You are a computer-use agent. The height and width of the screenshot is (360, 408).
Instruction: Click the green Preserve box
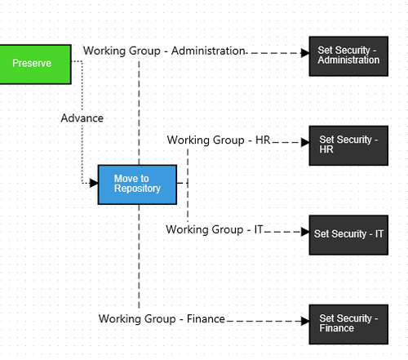[x=35, y=64]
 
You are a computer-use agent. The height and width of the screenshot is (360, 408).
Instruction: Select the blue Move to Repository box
[x=137, y=184]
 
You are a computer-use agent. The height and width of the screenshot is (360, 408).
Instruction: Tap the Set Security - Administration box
[x=348, y=56]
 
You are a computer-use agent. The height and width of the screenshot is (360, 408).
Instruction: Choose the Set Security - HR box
[x=348, y=145]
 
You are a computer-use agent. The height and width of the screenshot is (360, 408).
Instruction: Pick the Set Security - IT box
[x=348, y=235]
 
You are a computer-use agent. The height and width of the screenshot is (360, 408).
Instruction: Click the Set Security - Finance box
[x=348, y=325]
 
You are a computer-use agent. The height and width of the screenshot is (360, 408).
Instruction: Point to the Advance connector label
[x=82, y=118]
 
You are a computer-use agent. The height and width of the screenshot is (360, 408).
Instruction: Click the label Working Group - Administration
[x=164, y=51]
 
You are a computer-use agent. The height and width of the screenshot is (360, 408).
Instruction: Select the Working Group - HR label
[x=219, y=140]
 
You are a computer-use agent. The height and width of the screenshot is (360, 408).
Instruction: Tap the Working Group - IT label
[x=215, y=229]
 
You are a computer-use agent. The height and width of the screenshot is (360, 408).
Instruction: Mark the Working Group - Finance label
[x=162, y=318]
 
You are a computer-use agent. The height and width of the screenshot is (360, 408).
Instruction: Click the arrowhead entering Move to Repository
[x=94, y=183]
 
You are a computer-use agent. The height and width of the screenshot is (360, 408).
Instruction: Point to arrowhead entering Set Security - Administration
[x=305, y=53]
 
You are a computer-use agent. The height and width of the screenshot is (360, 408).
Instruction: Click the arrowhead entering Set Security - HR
[x=305, y=142]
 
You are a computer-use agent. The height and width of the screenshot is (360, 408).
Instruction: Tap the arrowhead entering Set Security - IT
[x=305, y=232]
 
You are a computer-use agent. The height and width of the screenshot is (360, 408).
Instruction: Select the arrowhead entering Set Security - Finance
[x=305, y=321]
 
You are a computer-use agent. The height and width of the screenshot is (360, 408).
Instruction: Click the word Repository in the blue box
[x=137, y=189]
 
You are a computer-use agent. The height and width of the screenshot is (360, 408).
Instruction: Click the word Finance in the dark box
[x=336, y=328]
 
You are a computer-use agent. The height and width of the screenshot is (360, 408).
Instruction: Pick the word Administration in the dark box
[x=348, y=60]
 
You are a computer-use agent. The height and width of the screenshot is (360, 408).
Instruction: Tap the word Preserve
[x=32, y=63]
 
